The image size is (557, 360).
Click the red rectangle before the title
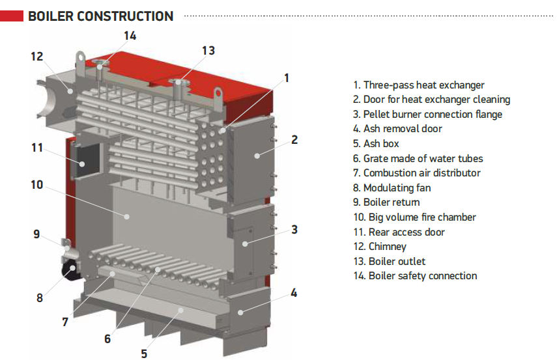coord(12,15)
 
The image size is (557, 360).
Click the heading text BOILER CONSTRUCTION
coord(101,16)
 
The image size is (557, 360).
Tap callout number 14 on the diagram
coord(130,36)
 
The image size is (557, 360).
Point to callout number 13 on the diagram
coord(208,50)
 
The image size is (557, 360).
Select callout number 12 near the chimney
coord(36,57)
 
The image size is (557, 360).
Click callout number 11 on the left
coord(36,148)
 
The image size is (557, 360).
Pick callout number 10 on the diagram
coord(36,185)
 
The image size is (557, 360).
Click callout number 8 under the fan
coord(39,299)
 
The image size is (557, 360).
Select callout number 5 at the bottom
coord(144,353)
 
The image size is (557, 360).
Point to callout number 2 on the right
coord(294,139)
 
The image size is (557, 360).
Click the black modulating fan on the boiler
coord(68,268)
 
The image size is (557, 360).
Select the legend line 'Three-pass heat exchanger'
coord(419,85)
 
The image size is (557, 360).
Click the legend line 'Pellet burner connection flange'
coord(428,115)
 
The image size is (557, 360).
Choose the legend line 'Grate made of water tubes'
coord(418,158)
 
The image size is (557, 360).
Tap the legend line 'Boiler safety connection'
coord(415,276)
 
